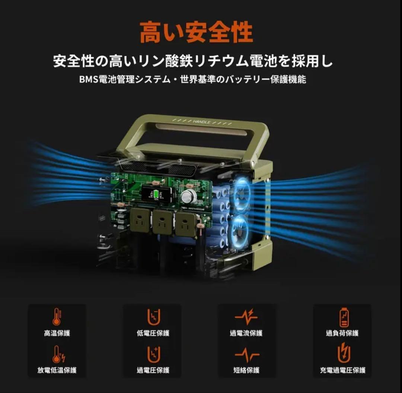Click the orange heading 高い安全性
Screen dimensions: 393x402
pyautogui.click(x=196, y=32)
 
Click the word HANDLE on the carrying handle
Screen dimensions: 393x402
pyautogui.click(x=201, y=122)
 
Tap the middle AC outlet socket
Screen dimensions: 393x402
pyautogui.click(x=163, y=223)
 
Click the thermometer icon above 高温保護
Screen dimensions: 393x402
pyautogui.click(x=57, y=317)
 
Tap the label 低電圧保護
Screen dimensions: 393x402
pyautogui.click(x=153, y=333)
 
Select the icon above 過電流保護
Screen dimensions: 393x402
pyautogui.click(x=246, y=317)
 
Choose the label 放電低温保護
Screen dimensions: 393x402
pyautogui.click(x=57, y=370)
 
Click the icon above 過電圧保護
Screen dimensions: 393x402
pyautogui.click(x=153, y=354)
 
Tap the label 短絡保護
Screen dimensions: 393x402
pyautogui.click(x=246, y=370)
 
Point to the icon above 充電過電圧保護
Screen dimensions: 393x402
pyautogui.click(x=344, y=354)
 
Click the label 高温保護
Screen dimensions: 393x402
pyautogui.click(x=57, y=333)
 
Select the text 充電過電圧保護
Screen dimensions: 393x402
pyautogui.click(x=343, y=370)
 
